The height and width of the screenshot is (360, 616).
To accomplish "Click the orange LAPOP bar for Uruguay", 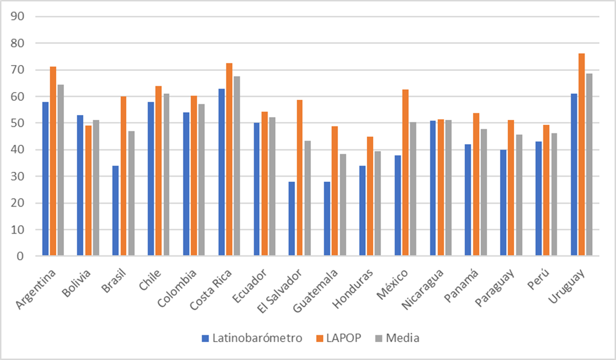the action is pyautogui.click(x=581, y=155).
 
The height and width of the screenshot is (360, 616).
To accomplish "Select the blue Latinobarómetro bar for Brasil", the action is pyautogui.click(x=115, y=211).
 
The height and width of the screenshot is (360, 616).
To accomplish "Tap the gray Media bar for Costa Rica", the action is pyautogui.click(x=237, y=166).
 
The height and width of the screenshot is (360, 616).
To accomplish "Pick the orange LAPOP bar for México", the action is pyautogui.click(x=405, y=172).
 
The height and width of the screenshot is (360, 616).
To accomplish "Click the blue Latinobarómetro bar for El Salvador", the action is pyautogui.click(x=291, y=218).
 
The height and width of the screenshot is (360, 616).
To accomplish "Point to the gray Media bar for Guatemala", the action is pyautogui.click(x=343, y=205).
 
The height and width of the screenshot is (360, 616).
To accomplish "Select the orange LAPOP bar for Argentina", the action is pyautogui.click(x=53, y=161).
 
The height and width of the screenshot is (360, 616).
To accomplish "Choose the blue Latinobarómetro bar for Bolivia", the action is pyautogui.click(x=80, y=185).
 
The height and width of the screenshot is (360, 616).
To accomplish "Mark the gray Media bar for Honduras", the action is pyautogui.click(x=378, y=203).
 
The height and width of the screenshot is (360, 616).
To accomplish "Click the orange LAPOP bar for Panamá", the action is pyautogui.click(x=476, y=184).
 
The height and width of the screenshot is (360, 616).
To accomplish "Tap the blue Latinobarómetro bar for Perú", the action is pyautogui.click(x=539, y=198).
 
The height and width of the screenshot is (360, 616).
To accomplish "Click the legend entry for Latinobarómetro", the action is pyautogui.click(x=252, y=338).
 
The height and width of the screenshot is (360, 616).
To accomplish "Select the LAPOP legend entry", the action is pyautogui.click(x=339, y=338).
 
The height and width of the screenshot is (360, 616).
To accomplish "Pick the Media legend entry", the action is pyautogui.click(x=397, y=338).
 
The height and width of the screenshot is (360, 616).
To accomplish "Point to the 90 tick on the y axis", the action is pyautogui.click(x=18, y=16).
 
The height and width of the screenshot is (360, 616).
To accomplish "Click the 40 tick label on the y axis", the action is pyautogui.click(x=18, y=150).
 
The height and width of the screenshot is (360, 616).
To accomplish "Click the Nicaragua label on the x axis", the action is pyautogui.click(x=423, y=290).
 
